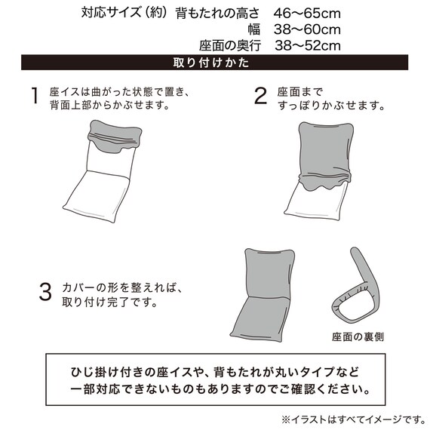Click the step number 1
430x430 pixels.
coord(34,96)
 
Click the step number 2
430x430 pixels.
coord(261,96)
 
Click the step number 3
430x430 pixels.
coord(45,290)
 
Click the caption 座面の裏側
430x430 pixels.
coord(356,337)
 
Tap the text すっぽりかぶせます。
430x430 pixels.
coord(330,105)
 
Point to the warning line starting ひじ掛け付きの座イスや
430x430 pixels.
coord(214,373)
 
